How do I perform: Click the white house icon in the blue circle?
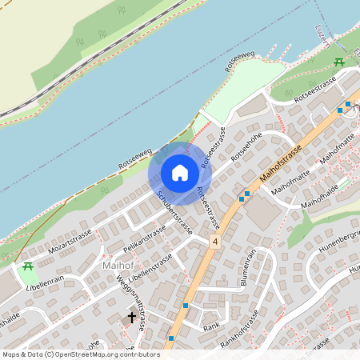click(x=180, y=173)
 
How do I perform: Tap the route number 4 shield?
click(x=214, y=241)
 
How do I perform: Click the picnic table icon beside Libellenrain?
click(x=28, y=267)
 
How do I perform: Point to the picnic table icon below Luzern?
click(x=339, y=62)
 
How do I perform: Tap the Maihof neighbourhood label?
click(x=120, y=265)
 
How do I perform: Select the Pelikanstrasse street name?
click(x=145, y=236)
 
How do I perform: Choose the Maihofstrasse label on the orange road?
click(x=281, y=165)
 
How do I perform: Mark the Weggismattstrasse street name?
click(x=130, y=302)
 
